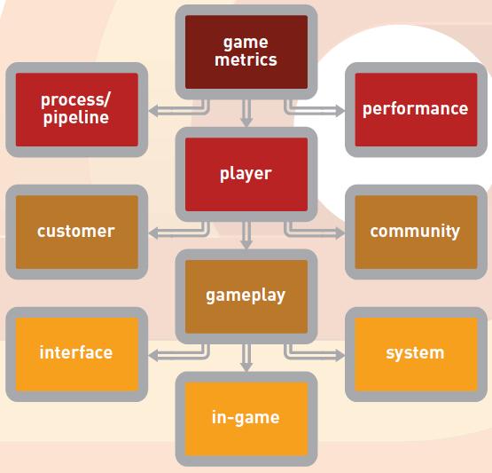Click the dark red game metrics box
click(246, 51)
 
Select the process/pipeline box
click(76, 110)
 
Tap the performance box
click(416, 110)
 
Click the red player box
click(246, 174)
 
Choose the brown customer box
click(76, 232)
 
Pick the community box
click(416, 232)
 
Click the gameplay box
click(246, 296)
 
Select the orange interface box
click(76, 354)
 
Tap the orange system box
click(416, 354)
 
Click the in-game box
click(246, 419)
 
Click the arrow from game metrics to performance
click(314, 111)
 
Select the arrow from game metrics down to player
click(246, 113)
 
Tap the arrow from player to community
click(314, 233)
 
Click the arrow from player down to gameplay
click(246, 235)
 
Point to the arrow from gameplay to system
click(314, 355)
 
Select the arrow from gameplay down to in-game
click(246, 358)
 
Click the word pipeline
click(76, 118)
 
